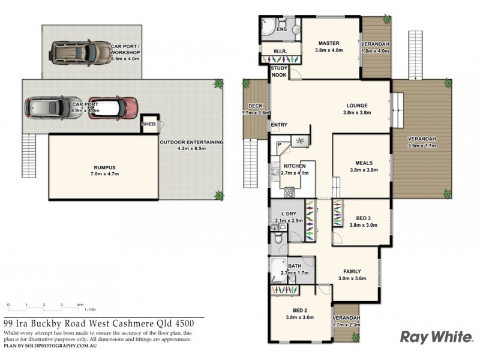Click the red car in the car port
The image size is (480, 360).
tap(113, 109)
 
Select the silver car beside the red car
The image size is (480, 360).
tap(49, 109)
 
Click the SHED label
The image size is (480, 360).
tap(148, 125)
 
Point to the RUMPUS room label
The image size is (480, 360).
tap(104, 168)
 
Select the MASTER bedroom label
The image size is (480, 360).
tap(329, 43)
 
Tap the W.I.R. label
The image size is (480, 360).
tap(280, 52)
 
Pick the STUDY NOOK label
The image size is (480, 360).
tap(279, 72)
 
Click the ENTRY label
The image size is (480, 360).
tap(279, 125)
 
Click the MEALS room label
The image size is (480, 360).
tap(363, 163)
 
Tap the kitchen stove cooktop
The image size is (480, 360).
tap(289, 193)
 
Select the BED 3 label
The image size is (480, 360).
tap(363, 218)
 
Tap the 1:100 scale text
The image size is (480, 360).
tap(90, 310)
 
